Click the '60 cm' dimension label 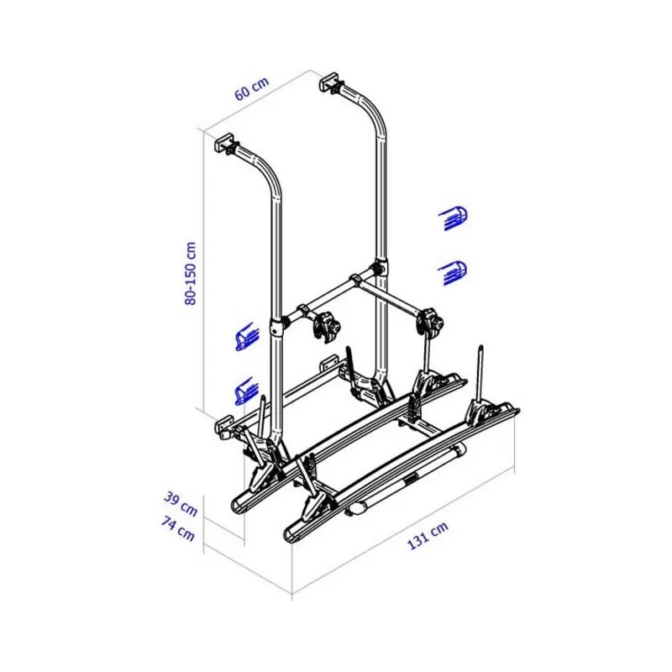(252, 88)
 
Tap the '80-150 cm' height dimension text (191, 273)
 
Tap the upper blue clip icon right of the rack (454, 218)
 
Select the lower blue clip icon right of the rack (454, 271)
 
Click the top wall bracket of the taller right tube (331, 85)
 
